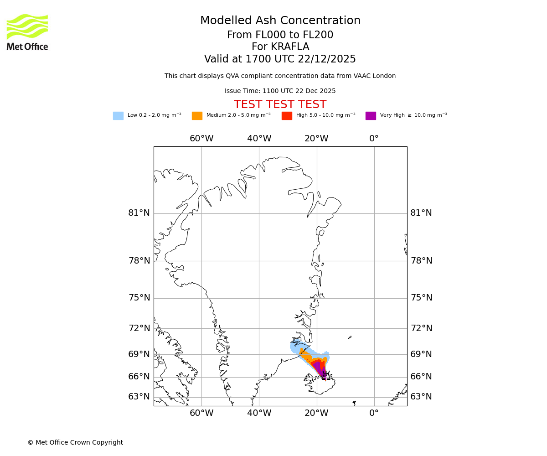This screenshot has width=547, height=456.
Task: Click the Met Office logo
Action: click(x=27, y=32)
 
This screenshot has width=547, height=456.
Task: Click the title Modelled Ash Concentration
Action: click(x=280, y=21)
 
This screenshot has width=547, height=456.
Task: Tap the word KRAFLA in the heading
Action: click(x=290, y=47)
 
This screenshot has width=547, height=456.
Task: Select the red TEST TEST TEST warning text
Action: click(x=280, y=104)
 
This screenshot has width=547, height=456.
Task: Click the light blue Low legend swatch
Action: click(x=118, y=115)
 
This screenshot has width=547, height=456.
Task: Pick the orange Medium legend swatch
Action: click(x=197, y=115)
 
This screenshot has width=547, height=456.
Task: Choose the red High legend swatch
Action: click(x=287, y=115)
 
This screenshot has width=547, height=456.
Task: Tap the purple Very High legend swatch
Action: click(x=371, y=115)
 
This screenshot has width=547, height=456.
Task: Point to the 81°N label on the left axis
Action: click(x=139, y=213)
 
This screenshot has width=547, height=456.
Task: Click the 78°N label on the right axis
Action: click(x=421, y=260)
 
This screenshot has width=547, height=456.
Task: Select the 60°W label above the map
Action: click(x=201, y=139)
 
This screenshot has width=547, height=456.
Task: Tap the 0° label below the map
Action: click(x=374, y=413)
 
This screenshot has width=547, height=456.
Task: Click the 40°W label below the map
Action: click(x=259, y=413)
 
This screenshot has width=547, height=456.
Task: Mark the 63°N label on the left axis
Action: click(x=139, y=397)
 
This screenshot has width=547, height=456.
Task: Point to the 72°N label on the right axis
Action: click(x=421, y=328)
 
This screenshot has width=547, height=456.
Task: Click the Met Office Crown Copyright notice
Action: click(x=75, y=442)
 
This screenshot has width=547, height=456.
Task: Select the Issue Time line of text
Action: click(x=280, y=91)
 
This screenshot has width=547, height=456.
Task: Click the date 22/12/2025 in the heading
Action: click(x=327, y=59)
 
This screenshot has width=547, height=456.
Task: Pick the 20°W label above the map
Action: click(x=316, y=139)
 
